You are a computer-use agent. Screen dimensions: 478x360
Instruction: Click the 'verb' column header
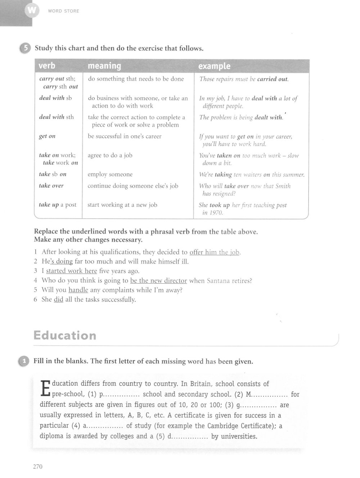47,66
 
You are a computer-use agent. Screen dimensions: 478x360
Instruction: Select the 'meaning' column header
104,66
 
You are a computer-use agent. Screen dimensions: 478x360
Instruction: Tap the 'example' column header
214,66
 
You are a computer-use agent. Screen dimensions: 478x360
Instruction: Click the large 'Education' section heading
65,335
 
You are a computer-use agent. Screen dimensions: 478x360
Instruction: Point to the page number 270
38,466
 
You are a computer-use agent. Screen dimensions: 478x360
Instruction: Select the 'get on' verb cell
47,136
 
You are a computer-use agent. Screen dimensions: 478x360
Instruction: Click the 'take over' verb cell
51,186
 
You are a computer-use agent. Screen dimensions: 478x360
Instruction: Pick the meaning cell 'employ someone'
110,175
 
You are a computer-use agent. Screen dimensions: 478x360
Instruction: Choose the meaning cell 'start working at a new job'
122,205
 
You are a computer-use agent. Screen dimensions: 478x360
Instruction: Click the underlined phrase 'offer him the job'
215,252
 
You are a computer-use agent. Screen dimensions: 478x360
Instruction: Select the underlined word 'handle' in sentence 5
78,290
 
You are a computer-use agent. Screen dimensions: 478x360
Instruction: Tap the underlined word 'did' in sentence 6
58,299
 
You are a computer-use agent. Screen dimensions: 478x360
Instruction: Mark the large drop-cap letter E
45,389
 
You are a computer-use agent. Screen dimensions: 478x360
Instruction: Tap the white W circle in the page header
31,11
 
